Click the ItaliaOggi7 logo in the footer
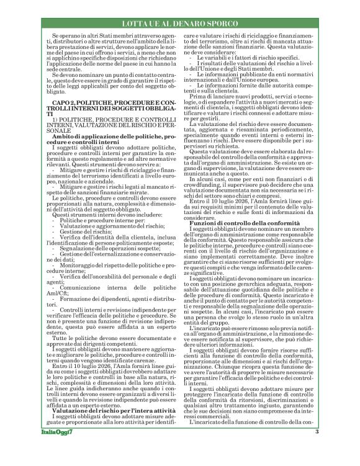(54, 449)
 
